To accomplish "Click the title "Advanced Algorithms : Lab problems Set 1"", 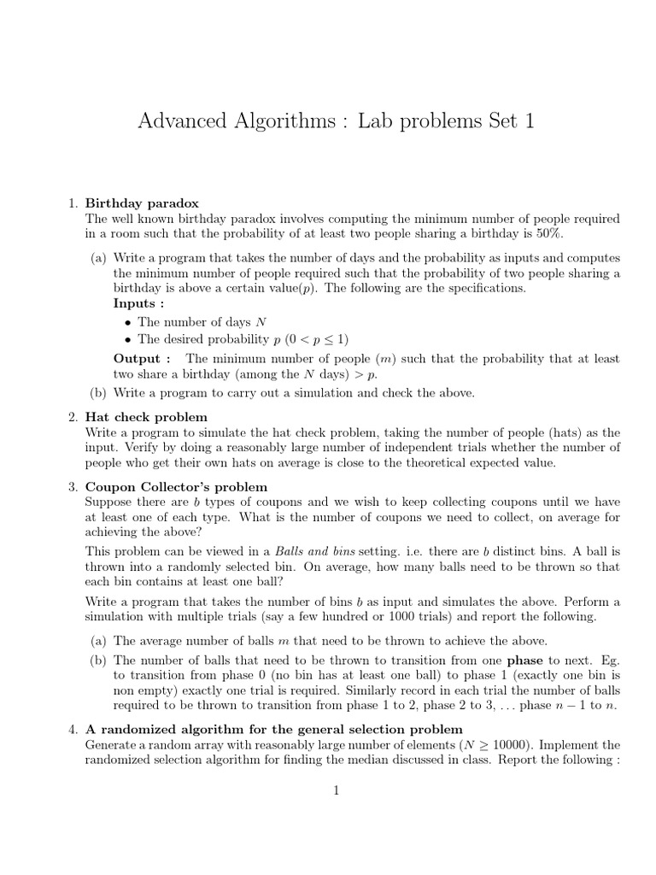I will tap(336, 121).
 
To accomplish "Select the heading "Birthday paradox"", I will tap(142, 203).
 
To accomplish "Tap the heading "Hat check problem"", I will tap(146, 417).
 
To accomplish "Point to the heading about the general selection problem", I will tap(273, 729).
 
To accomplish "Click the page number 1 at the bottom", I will tap(337, 790).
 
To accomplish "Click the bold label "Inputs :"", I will tap(138, 303).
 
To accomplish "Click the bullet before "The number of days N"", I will tap(127, 323).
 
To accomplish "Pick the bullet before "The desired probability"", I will tap(127, 339).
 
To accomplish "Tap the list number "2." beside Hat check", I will tap(73, 417).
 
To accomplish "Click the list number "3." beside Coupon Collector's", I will tap(73, 486).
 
